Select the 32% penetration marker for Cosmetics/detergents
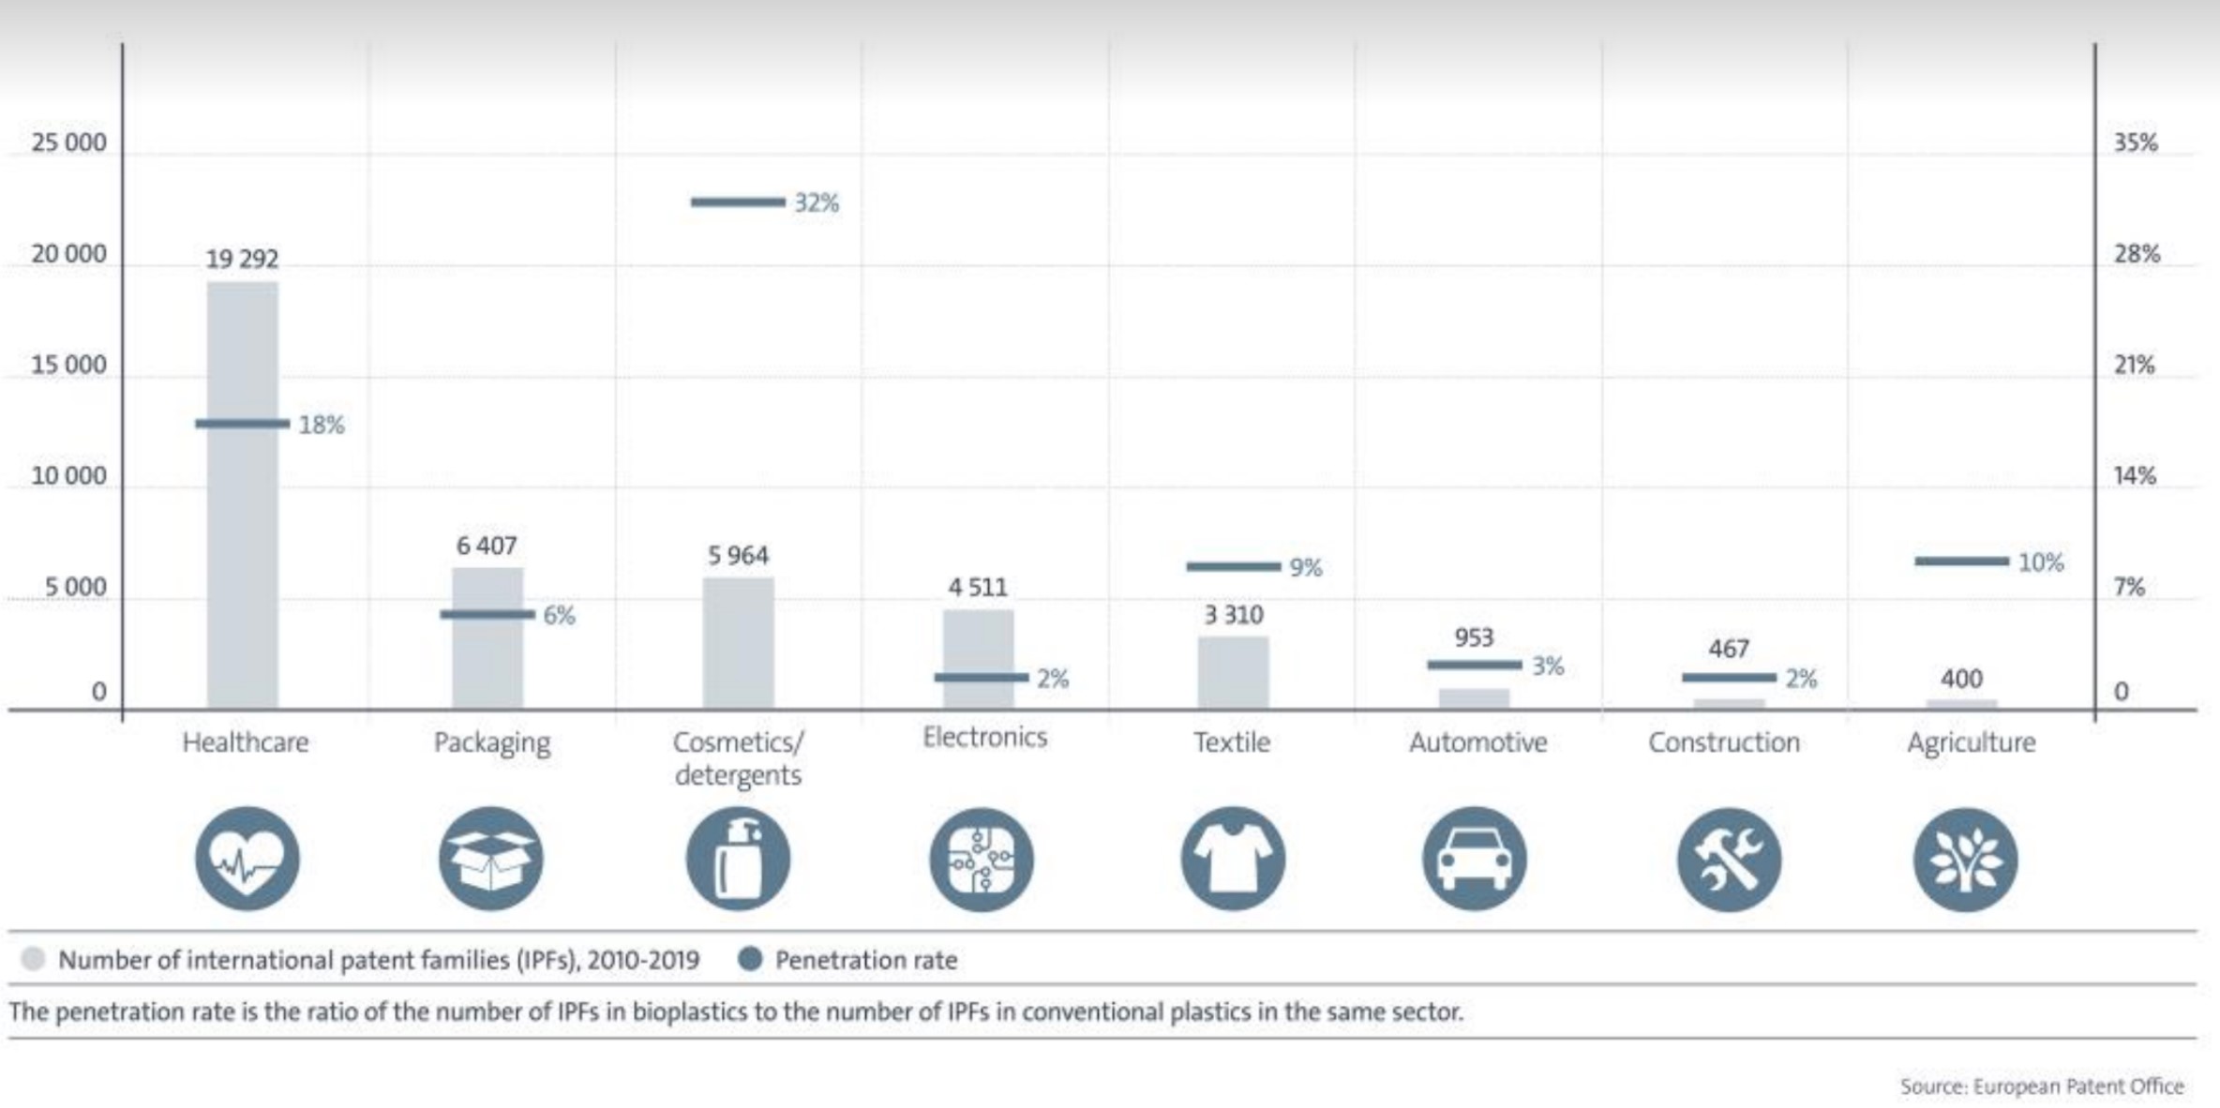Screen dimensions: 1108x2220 click(x=738, y=202)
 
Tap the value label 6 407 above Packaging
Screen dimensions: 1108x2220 click(x=487, y=546)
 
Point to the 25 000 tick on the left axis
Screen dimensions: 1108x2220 click(x=68, y=142)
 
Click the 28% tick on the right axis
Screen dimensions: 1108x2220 click(x=2137, y=254)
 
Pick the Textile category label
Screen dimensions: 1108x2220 click(x=1232, y=742)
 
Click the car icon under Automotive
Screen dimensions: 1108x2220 click(x=1474, y=859)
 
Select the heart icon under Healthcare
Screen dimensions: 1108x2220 click(x=247, y=859)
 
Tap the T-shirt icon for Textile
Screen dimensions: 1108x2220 click(x=1232, y=859)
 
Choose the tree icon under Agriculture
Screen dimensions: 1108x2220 click(x=1965, y=859)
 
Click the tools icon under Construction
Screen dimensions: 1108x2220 click(x=1729, y=859)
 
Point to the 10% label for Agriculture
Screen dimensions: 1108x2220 click(x=2040, y=562)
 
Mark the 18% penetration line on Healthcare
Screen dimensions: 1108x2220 click(x=242, y=424)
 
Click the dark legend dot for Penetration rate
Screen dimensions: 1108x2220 click(x=750, y=959)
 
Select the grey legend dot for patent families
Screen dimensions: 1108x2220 click(x=33, y=959)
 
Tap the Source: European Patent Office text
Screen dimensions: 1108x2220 click(x=2042, y=1086)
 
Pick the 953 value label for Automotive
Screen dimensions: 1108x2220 click(x=1474, y=637)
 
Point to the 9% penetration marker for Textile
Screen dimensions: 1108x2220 click(x=1233, y=566)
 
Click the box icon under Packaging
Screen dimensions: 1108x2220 click(x=490, y=859)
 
